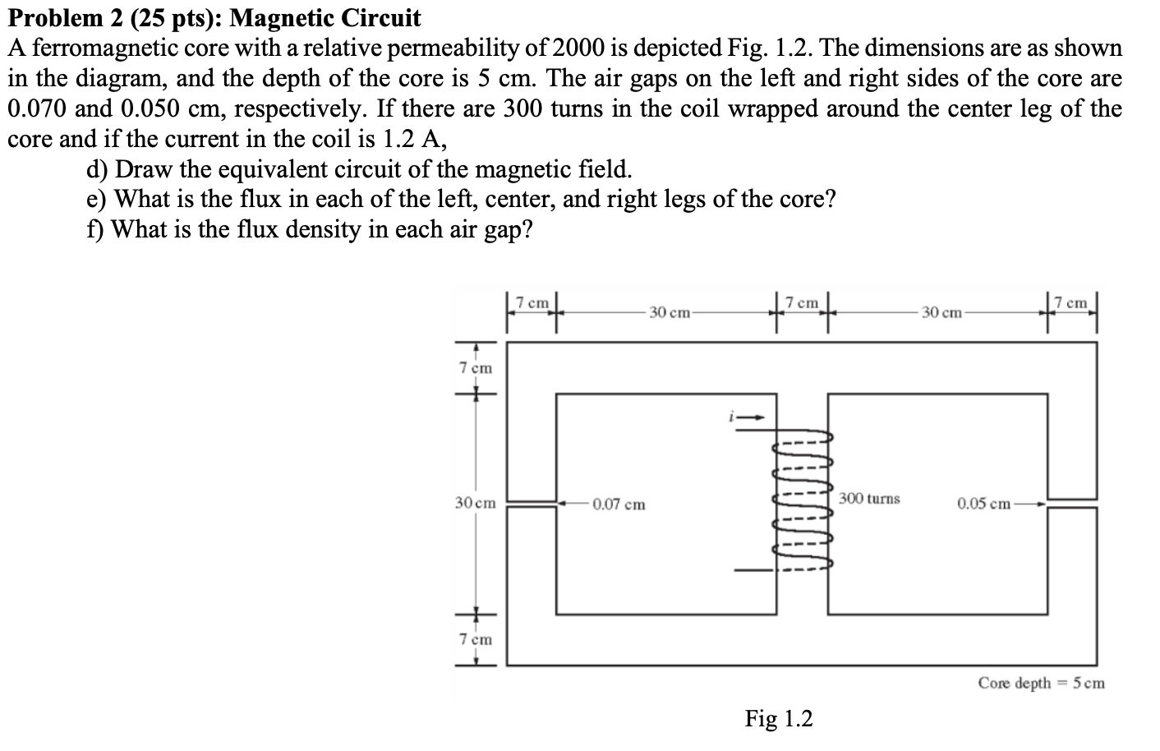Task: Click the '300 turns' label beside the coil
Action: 869,499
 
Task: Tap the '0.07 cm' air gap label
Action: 619,504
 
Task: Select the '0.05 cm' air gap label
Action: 983,503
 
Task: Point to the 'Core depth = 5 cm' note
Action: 1041,683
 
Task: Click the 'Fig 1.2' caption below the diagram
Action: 778,719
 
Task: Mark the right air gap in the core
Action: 1073,502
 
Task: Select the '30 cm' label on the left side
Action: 476,503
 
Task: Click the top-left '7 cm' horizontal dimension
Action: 532,303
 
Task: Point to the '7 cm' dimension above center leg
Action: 802,303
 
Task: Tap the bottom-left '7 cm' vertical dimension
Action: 476,639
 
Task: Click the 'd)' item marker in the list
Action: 98,169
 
